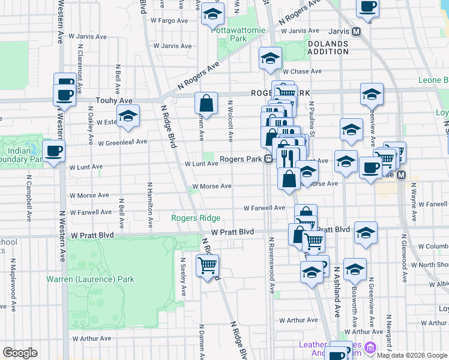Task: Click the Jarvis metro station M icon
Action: click(356, 31)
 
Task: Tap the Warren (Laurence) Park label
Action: click(91, 279)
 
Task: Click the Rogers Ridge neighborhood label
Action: click(196, 218)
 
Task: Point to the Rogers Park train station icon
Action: click(269, 160)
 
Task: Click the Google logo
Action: click(20, 353)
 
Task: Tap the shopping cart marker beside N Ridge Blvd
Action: click(207, 265)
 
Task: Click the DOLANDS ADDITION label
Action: click(328, 48)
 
